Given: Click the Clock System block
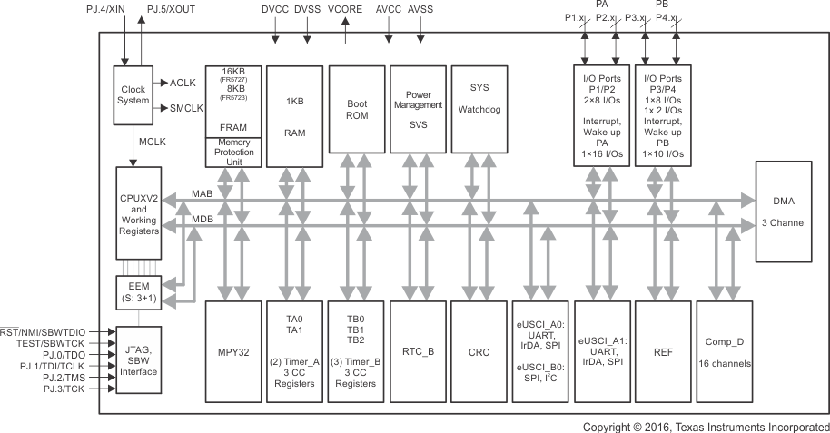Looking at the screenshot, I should pos(133,94).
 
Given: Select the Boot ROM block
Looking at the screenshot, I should pos(356,115).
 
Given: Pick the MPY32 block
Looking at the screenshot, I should pos(233,350).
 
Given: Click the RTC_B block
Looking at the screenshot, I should pos(418,350).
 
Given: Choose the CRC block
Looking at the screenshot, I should pos(479,350).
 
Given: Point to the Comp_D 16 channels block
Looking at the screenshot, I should pos(723,350).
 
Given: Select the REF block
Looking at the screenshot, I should pos(661,350).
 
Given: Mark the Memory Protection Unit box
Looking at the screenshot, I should pos(233,152).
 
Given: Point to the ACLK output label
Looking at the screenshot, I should pos(182,84).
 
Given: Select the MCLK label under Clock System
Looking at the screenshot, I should pos(152,143).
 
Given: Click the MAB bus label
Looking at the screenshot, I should pos(203,194).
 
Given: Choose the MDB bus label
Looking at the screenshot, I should pos(203,219).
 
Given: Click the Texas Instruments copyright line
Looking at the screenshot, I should pos(706,426).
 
